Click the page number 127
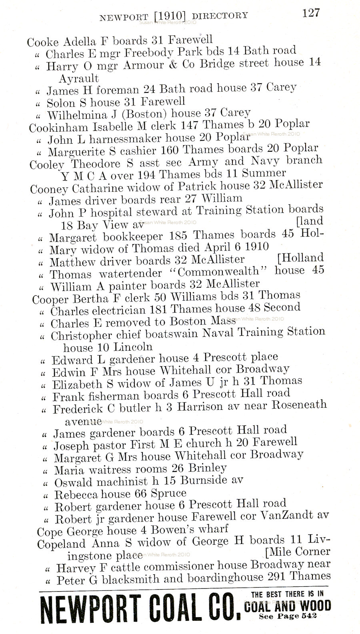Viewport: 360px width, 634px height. click(x=311, y=13)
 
